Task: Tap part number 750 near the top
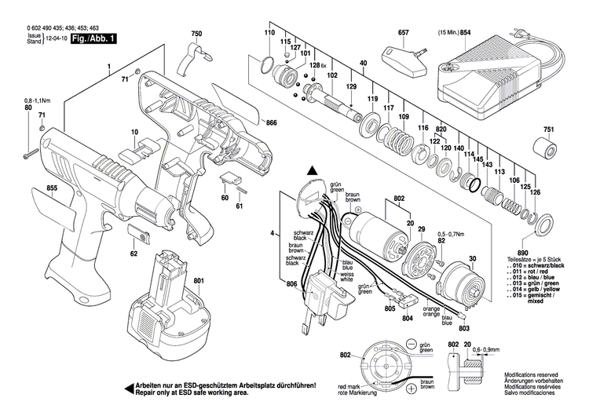pyautogui.click(x=196, y=34)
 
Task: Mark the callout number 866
pyautogui.click(x=272, y=124)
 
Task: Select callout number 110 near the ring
pyautogui.click(x=269, y=34)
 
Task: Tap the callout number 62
pyautogui.click(x=134, y=254)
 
